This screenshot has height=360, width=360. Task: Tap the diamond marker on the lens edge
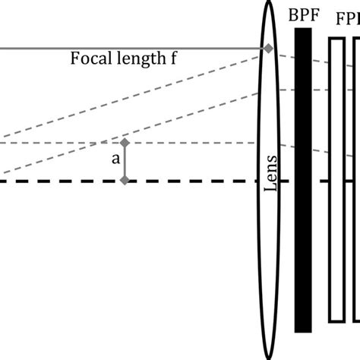pos(267,49)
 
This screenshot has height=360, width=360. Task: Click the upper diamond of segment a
pos(125,143)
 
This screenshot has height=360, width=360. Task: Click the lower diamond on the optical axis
pos(125,181)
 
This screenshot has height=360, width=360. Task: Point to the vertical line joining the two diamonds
pos(125,162)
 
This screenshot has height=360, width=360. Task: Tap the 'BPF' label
pos(303,14)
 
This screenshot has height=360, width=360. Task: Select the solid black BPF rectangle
pos(303,190)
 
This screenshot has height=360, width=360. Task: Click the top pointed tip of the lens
pos(268,3)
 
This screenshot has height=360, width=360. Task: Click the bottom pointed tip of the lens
pos(268,357)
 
